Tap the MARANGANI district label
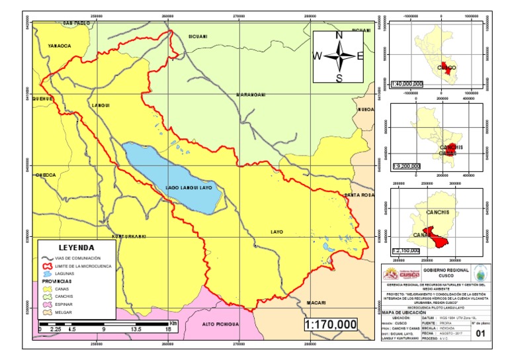[251, 95]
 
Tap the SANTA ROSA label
[359, 195]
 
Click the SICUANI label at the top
[198, 36]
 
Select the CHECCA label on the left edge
[45, 175]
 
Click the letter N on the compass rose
[339, 36]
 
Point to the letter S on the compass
[339, 78]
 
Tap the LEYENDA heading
[77, 247]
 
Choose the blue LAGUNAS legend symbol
[47, 273]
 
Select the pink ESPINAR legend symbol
[46, 304]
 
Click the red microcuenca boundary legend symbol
[47, 265]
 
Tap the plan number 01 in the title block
[489, 335]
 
